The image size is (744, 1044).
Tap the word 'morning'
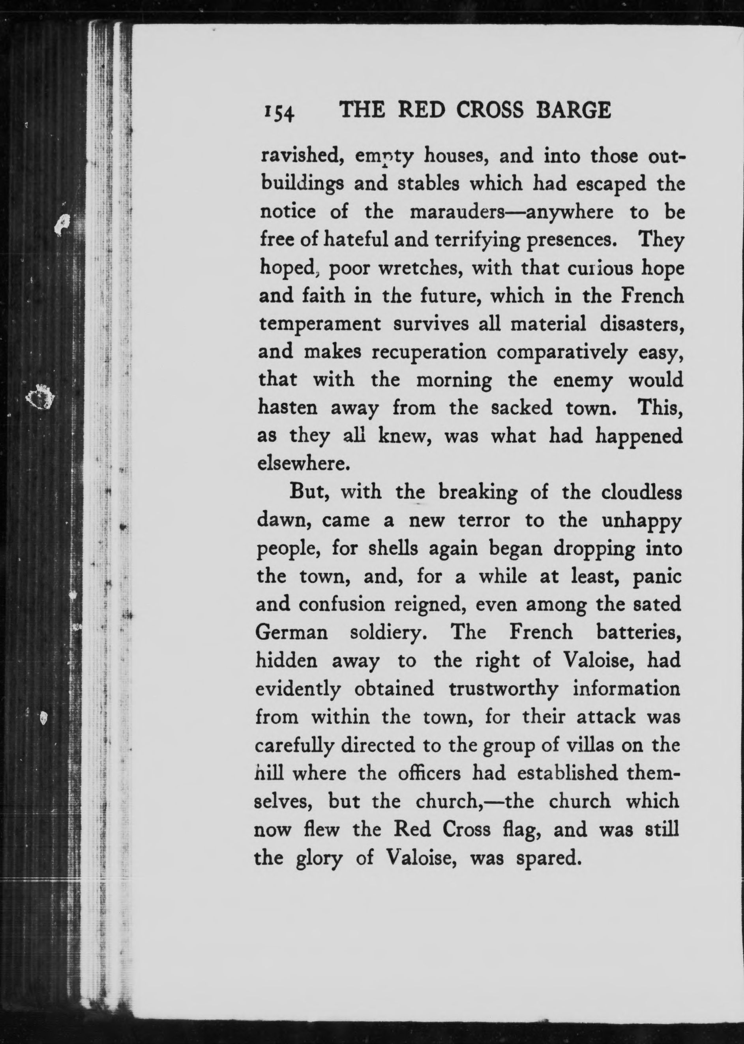454,380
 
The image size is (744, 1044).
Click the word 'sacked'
521,408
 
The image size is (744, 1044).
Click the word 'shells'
394,548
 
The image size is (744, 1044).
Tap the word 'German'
291,633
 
